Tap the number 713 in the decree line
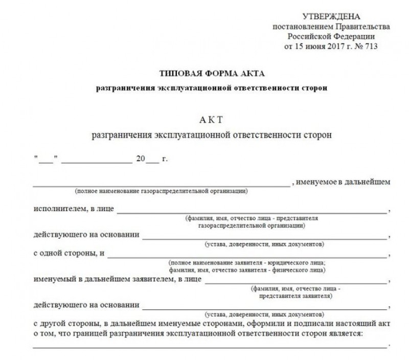click(x=370, y=47)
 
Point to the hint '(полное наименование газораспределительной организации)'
click(x=161, y=191)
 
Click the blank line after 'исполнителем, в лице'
click(x=253, y=211)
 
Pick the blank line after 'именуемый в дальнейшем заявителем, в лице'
click(x=296, y=282)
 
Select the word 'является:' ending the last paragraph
click(x=346, y=334)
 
